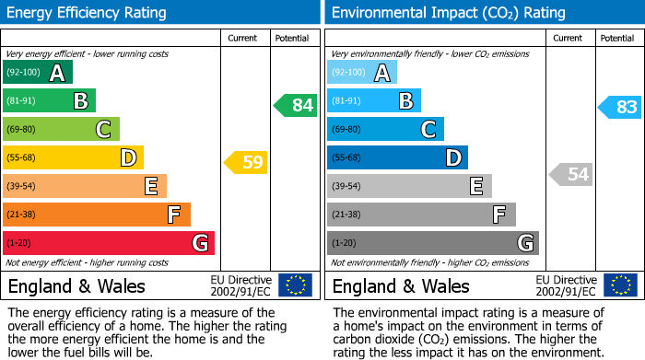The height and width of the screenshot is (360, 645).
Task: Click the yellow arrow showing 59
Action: pyautogui.click(x=245, y=163)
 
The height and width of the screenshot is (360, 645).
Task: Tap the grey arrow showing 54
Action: pyautogui.click(x=570, y=174)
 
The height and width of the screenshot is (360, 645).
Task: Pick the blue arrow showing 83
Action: pyautogui.click(x=619, y=107)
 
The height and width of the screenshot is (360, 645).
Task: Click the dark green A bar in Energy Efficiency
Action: pyautogui.click(x=38, y=73)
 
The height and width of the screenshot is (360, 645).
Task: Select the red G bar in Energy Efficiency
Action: pyautogui.click(x=109, y=243)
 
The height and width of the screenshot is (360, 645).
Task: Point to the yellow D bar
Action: pyautogui.click(x=73, y=158)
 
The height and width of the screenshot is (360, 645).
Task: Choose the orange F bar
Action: pyautogui.click(x=97, y=215)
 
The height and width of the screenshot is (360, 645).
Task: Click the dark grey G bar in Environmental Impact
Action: pyautogui.click(x=432, y=243)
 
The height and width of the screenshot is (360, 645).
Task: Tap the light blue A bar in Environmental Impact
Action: pyautogui.click(x=362, y=73)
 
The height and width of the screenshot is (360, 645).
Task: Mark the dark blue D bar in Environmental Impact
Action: pyautogui.click(x=397, y=158)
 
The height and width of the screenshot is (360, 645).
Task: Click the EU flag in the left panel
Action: pyautogui.click(x=295, y=285)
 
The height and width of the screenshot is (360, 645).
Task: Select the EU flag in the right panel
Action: pyautogui.click(x=621, y=285)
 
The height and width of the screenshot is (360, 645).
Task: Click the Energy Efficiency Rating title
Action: pyautogui.click(x=88, y=13)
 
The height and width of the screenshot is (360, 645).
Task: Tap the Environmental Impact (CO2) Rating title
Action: pyautogui.click(x=448, y=13)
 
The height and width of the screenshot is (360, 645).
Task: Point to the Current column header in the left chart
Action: pyautogui.click(x=242, y=38)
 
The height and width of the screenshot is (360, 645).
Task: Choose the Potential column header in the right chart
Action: pyautogui.click(x=617, y=38)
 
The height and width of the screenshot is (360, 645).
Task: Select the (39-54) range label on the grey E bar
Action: pyautogui.click(x=347, y=187)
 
